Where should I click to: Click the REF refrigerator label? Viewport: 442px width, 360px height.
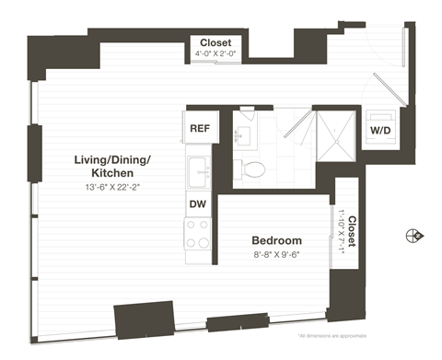point(198,127)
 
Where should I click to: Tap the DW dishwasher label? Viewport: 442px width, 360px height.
point(198,203)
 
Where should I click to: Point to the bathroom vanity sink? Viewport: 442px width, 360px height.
point(245,134)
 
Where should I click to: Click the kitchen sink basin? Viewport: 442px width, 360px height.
point(197,168)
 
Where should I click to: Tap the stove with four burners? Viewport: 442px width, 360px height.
point(198,234)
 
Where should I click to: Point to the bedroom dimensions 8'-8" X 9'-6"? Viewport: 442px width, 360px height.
point(277,256)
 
